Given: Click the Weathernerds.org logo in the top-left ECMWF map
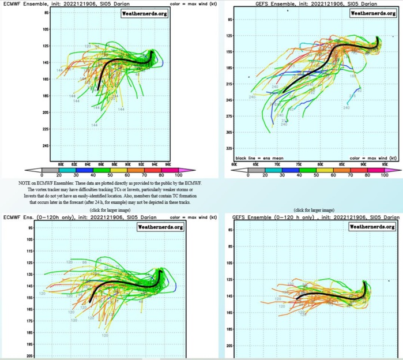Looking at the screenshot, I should coord(144,13).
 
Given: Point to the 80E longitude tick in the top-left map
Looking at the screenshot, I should coord(61,164).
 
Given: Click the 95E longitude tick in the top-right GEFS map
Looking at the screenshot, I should coord(385,164).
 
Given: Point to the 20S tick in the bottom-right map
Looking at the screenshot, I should coord(229,346).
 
